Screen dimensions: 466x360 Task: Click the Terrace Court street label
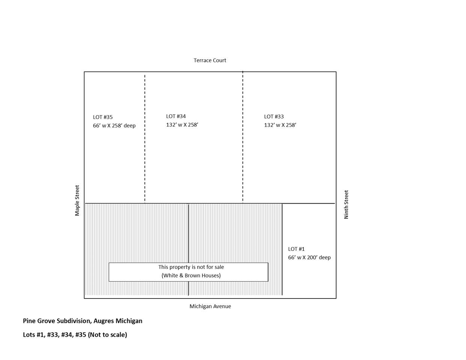pos(210,60)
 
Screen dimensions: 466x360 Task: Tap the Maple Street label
pos(77,200)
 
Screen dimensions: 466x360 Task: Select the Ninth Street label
pos(346,204)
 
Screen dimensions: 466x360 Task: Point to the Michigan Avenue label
pos(210,306)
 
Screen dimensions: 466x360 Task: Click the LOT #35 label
pos(103,117)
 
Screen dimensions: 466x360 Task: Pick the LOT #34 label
pos(176,116)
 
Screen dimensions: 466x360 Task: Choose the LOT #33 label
pos(274,116)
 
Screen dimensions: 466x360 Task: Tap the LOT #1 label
pos(296,249)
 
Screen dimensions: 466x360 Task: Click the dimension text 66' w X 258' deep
pos(114,126)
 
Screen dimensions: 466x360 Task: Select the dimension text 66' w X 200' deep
pos(309,257)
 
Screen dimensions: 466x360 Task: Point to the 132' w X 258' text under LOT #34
pos(182,125)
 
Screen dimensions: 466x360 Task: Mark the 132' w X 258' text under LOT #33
pos(280,125)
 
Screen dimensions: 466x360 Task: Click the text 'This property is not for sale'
pos(191,267)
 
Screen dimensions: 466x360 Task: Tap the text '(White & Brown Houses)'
pos(191,275)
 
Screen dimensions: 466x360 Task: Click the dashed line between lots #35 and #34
pos(145,139)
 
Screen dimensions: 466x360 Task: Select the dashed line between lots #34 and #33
pos(243,137)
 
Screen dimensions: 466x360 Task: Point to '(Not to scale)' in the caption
pos(107,335)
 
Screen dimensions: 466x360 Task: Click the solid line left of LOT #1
pos(282,249)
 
